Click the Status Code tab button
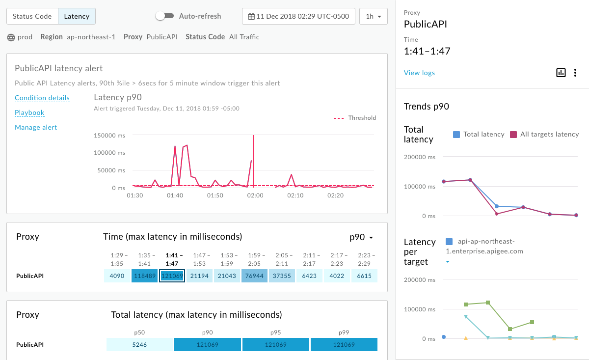32,16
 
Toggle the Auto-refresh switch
164,16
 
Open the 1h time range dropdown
373,16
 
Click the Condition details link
42,98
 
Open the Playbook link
29,112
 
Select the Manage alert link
36,127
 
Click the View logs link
419,73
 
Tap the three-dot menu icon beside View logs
575,73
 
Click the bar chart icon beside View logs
561,73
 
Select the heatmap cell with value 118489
144,276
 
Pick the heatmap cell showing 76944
254,276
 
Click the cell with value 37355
282,276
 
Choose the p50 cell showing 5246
140,345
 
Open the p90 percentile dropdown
361,237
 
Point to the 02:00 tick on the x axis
255,195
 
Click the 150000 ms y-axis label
109,135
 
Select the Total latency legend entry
479,134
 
